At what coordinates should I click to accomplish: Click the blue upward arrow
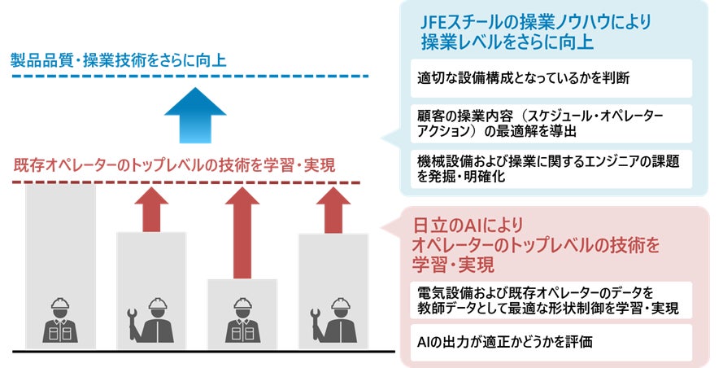tap(195, 120)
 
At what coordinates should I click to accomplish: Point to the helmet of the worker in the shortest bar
tap(241, 306)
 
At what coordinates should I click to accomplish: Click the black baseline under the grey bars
tap(195, 352)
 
